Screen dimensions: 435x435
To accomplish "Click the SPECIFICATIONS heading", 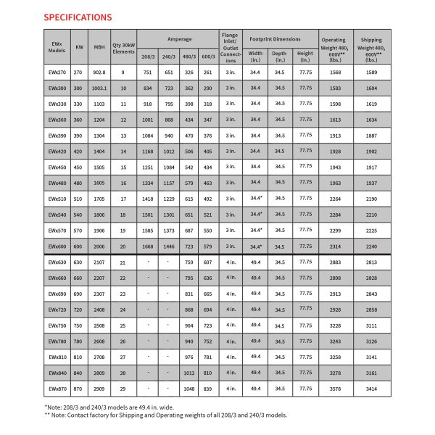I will coord(78,16).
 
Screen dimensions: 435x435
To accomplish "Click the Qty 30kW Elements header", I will coord(123,46).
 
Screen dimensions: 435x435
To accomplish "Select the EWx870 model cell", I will coord(57,389).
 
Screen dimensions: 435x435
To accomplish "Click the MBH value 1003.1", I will coord(99,87).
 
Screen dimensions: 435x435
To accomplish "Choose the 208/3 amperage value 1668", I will coord(147,246).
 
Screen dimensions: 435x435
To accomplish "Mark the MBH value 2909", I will coord(99,389).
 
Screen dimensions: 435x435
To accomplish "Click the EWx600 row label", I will coord(57,246).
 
